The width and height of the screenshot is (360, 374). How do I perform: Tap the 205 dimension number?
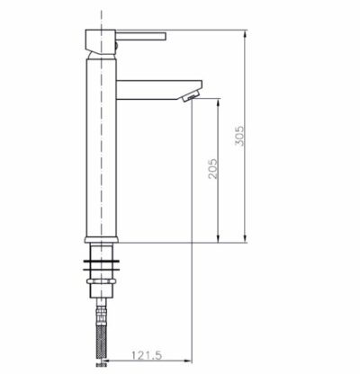click(211, 172)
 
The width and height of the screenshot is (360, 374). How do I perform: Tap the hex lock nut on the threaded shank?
click(101, 290)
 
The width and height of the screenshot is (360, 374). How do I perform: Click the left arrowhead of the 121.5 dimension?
click(104, 363)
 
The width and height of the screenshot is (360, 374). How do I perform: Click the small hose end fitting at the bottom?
click(101, 366)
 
